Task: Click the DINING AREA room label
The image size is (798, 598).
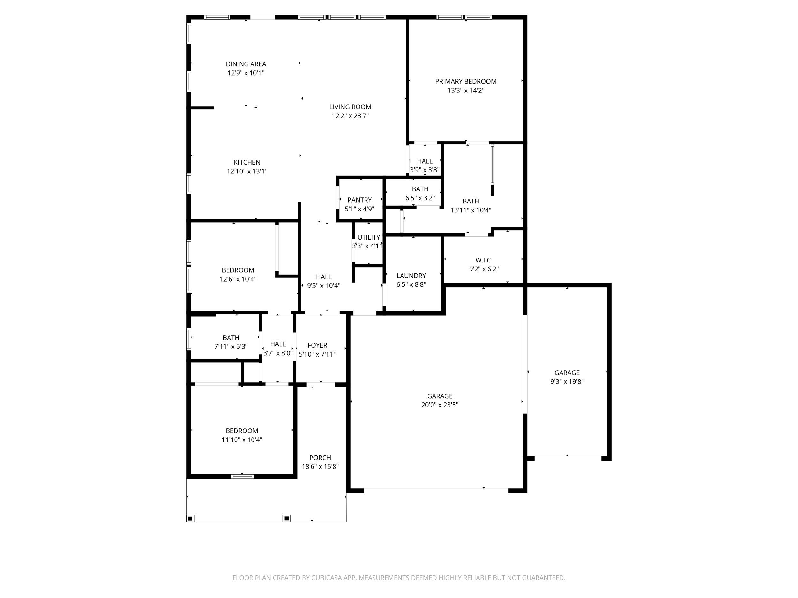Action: pyautogui.click(x=246, y=64)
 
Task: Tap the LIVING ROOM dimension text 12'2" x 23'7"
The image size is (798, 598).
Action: pyautogui.click(x=350, y=116)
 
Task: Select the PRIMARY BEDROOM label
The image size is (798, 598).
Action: pyautogui.click(x=466, y=81)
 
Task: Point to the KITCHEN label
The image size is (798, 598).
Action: pyautogui.click(x=247, y=163)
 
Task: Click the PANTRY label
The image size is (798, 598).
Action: pyautogui.click(x=359, y=200)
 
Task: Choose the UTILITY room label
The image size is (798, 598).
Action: pyautogui.click(x=369, y=237)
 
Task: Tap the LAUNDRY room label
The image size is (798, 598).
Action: pyautogui.click(x=411, y=276)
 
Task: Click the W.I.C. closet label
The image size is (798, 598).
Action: pyautogui.click(x=484, y=260)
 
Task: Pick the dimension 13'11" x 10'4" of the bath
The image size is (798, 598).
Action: pyautogui.click(x=471, y=210)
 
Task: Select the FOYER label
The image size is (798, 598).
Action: pyautogui.click(x=318, y=345)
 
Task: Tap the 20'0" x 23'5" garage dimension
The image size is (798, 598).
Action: pyautogui.click(x=440, y=405)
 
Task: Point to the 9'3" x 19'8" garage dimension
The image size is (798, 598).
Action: pyautogui.click(x=567, y=382)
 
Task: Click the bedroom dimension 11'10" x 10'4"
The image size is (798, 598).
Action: pyautogui.click(x=242, y=440)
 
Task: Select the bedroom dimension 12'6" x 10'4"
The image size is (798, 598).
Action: pyautogui.click(x=238, y=279)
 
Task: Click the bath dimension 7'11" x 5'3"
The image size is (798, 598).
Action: pyautogui.click(x=231, y=347)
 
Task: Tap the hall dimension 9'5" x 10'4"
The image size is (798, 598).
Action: pyautogui.click(x=324, y=286)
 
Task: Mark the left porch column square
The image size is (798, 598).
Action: pyautogui.click(x=191, y=518)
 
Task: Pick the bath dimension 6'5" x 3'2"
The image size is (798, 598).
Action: pyautogui.click(x=420, y=198)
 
